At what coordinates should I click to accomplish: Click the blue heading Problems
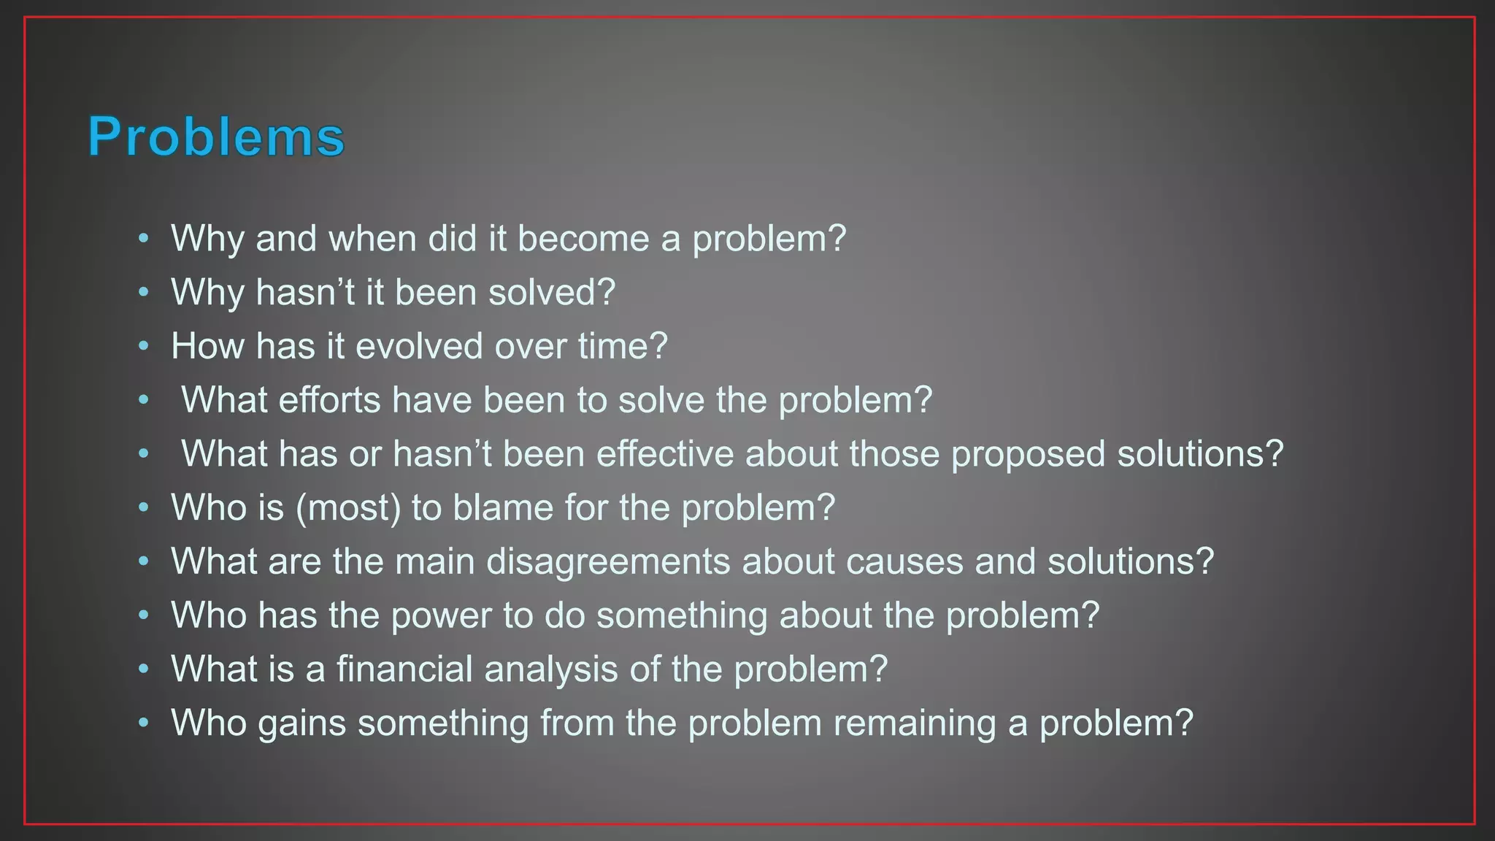tap(216, 137)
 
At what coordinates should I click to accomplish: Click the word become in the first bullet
tap(583, 239)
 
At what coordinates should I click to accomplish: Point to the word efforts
tap(329, 400)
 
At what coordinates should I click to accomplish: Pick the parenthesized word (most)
tap(348, 508)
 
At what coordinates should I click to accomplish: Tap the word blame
tap(503, 508)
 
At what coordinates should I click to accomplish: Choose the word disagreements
tap(608, 561)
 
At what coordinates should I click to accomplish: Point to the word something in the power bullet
tap(683, 615)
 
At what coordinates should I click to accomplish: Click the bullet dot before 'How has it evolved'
tap(144, 346)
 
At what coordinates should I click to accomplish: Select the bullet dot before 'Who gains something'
tap(144, 723)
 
